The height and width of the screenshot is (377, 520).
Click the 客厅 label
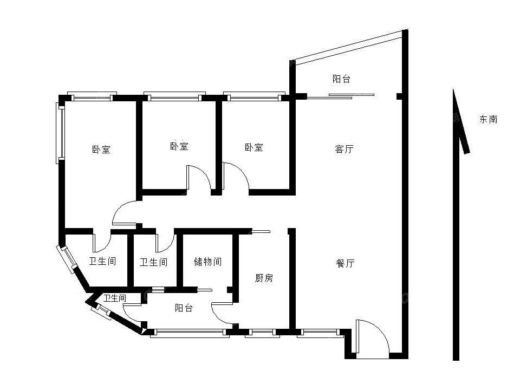pyautogui.click(x=344, y=149)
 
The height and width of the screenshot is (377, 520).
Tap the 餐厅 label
pyautogui.click(x=345, y=264)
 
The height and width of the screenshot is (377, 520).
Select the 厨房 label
pyautogui.click(x=264, y=278)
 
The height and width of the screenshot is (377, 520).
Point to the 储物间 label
pyautogui.click(x=207, y=262)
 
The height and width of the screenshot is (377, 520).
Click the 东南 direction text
pyautogui.click(x=488, y=119)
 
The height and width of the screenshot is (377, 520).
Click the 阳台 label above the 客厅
pyautogui.click(x=341, y=79)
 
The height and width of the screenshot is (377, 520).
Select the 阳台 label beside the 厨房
pyautogui.click(x=184, y=308)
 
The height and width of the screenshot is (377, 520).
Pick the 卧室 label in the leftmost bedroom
pyautogui.click(x=101, y=149)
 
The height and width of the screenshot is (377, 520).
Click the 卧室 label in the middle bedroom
pyautogui.click(x=179, y=146)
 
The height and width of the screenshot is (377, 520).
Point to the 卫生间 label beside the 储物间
pyautogui.click(x=153, y=263)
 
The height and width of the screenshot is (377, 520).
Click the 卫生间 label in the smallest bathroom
pyautogui.click(x=115, y=298)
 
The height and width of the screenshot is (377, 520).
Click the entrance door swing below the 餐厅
pyautogui.click(x=372, y=337)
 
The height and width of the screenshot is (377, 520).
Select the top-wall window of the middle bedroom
pyautogui.click(x=174, y=97)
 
